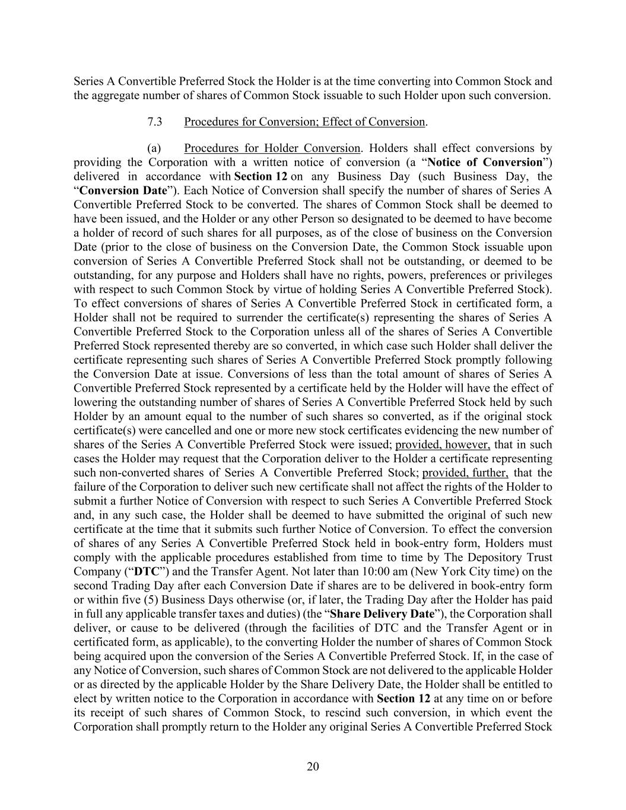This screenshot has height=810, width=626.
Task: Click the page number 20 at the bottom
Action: [313, 767]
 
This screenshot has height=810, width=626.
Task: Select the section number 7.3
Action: [155, 122]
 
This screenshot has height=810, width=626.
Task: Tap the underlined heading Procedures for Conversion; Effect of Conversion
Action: [304, 122]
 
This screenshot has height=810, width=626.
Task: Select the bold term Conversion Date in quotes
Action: [123, 191]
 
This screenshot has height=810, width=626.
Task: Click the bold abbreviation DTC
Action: [145, 571]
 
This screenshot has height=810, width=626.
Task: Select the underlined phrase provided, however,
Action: [443, 444]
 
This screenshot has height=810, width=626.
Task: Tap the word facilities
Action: [336, 628]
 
